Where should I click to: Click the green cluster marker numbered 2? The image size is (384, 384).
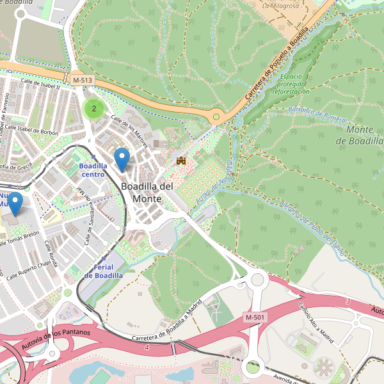(93, 108)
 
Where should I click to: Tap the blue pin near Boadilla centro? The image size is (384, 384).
(121, 159)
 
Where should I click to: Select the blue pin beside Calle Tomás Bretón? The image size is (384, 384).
(13, 204)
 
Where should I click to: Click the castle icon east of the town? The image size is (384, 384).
(181, 160)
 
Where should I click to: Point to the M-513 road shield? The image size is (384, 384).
(82, 79)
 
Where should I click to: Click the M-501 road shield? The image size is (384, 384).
(255, 317)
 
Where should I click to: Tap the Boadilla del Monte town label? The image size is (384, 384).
(147, 192)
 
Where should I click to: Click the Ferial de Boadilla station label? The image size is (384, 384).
(103, 271)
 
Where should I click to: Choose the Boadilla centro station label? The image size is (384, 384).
(93, 170)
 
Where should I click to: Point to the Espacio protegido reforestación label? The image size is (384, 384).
(291, 84)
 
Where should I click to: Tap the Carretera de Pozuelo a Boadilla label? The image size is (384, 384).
(277, 63)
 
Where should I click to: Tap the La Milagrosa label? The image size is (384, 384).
(282, 5)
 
